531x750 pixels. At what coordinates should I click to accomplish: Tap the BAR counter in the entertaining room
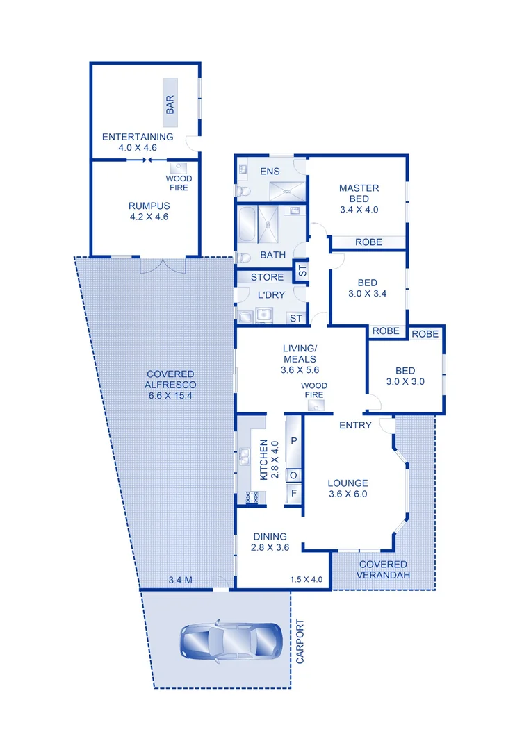click(x=170, y=104)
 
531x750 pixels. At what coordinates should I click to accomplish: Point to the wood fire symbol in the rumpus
click(x=177, y=167)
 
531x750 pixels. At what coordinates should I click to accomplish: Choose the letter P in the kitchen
click(x=293, y=441)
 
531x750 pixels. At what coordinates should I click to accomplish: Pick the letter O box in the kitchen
click(x=293, y=475)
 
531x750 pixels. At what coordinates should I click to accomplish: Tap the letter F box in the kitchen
click(x=293, y=494)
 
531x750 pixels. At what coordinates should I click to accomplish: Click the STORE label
click(x=267, y=277)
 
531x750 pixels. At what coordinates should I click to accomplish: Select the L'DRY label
click(x=270, y=295)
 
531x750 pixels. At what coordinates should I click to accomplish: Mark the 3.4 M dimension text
click(x=181, y=580)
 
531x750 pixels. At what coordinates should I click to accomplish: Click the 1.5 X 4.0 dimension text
click(x=307, y=580)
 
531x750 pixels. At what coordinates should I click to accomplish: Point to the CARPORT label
click(x=300, y=642)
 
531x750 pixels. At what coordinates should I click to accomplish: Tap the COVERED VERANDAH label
click(x=383, y=569)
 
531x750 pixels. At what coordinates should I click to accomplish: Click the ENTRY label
click(x=355, y=425)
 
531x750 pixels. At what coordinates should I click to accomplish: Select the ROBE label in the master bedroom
click(x=368, y=242)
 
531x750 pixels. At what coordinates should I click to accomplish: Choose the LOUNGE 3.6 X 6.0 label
click(x=348, y=489)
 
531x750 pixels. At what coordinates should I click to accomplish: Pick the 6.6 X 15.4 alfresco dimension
click(x=170, y=396)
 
